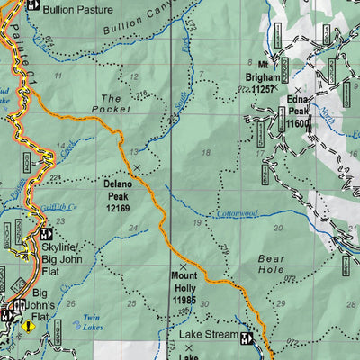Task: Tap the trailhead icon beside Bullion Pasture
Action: pos(33,5)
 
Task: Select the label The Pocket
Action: pos(111,103)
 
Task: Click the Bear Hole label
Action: pos(270,263)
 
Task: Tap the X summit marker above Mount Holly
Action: pos(184,268)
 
